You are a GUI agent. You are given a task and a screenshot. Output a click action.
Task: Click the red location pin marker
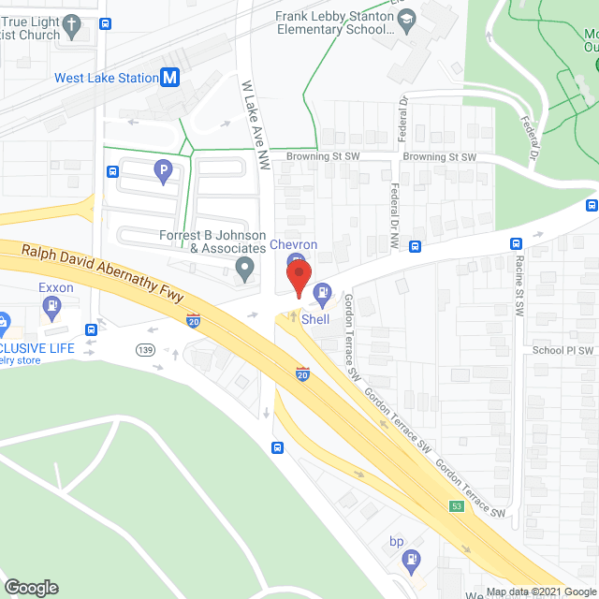(297, 279)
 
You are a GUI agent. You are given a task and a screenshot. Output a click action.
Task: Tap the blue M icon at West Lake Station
(169, 79)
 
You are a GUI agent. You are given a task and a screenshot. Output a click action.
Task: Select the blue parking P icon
(163, 170)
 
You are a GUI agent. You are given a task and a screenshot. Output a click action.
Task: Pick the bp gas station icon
(409, 560)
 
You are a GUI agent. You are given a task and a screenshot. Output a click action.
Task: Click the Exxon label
(56, 287)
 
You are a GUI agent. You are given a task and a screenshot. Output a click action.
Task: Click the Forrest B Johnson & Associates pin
(244, 270)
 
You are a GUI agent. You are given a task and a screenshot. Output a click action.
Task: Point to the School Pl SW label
(563, 351)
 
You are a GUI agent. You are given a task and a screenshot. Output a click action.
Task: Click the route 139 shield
(144, 349)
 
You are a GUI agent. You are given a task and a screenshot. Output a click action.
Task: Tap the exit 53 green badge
(456, 506)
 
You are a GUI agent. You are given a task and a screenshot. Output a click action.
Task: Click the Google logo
(30, 588)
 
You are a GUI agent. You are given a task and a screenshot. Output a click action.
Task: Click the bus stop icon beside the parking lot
(112, 171)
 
